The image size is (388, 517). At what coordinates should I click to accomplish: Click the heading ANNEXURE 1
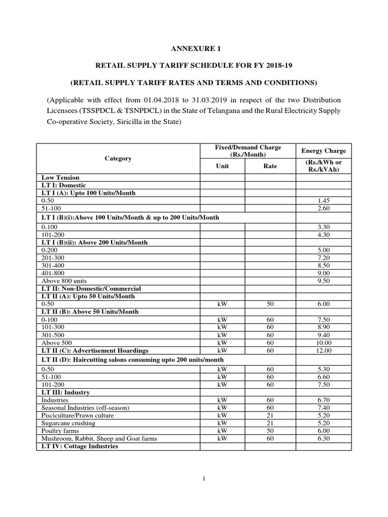pyautogui.click(x=195, y=49)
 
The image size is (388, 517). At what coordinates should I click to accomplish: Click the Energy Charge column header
pyautogui.click(x=323, y=150)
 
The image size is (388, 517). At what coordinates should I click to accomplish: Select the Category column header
pyautogui.click(x=118, y=158)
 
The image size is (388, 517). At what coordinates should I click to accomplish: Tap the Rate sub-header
pyautogui.click(x=270, y=166)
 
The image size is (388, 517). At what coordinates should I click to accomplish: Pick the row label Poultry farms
pyautogui.click(x=61, y=431)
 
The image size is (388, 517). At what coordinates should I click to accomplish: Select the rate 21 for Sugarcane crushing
pyautogui.click(x=270, y=423)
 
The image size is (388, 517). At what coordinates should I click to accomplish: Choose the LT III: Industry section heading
pyautogui.click(x=66, y=392)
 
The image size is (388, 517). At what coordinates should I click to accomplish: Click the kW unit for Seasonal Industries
pyautogui.click(x=223, y=407)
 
